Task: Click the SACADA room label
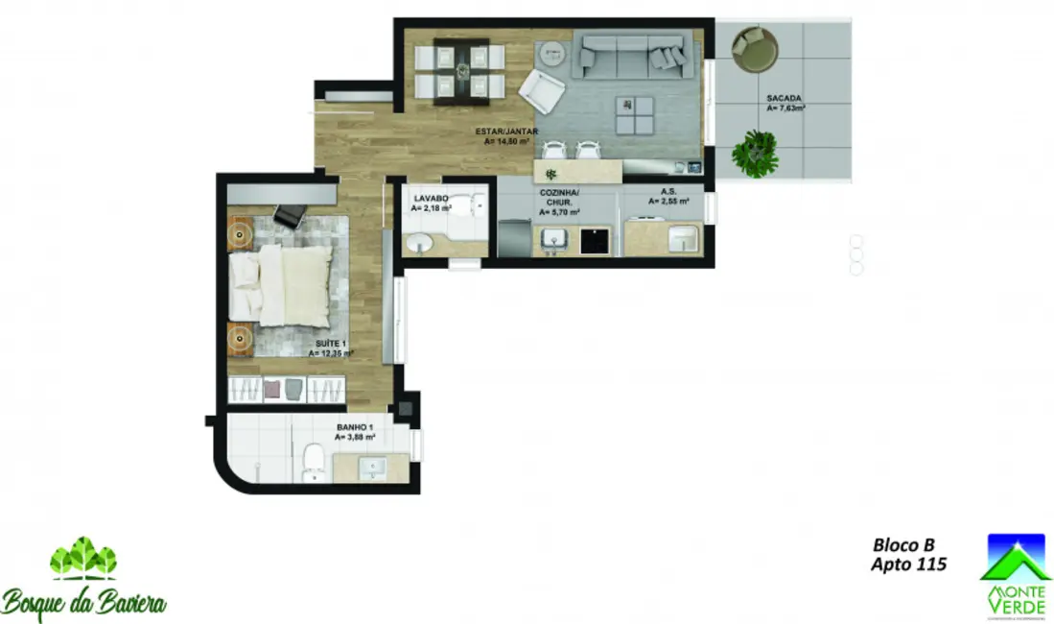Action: pos(785,103)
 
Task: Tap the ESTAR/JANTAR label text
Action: pos(506,135)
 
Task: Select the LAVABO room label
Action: pos(429,202)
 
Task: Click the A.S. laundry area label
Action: pos(668,197)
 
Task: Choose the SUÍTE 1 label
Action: pos(331,348)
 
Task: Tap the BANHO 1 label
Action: pos(354,431)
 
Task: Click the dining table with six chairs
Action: pos(463,71)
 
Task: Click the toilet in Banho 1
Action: pos(313,462)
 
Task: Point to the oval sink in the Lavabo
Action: pos(419,245)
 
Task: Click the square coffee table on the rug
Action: pos(634,115)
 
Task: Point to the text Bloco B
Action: pos(902,544)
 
